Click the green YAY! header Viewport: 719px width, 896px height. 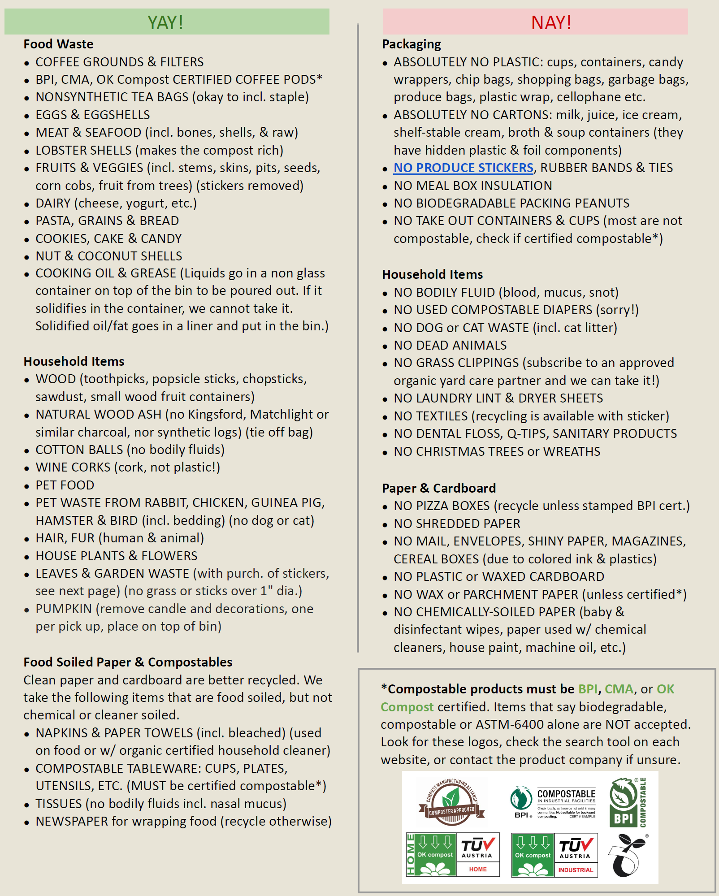pyautogui.click(x=166, y=22)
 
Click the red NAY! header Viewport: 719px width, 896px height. pyautogui.click(x=551, y=22)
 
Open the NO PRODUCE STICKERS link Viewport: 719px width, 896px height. pyautogui.click(x=463, y=168)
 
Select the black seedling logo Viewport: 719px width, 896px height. pyautogui.click(x=627, y=856)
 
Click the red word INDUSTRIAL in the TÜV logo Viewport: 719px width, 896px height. pyautogui.click(x=576, y=870)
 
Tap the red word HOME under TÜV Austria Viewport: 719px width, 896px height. pyautogui.click(x=478, y=869)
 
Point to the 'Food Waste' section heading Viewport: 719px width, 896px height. pyautogui.click(x=58, y=44)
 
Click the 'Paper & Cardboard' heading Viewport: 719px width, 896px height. pyautogui.click(x=439, y=488)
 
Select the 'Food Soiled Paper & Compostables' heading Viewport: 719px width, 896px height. pyautogui.click(x=128, y=662)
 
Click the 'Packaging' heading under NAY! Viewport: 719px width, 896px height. pyautogui.click(x=411, y=44)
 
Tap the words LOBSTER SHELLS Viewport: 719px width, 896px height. pyautogui.click(x=83, y=150)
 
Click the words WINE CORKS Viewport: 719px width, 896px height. pyautogui.click(x=73, y=467)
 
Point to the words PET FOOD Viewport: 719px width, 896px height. pyautogui.click(x=65, y=485)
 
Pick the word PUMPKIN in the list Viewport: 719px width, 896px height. pyautogui.click(x=64, y=609)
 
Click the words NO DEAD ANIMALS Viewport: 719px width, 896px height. pyautogui.click(x=450, y=345)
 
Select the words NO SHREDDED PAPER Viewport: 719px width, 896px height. pyautogui.click(x=457, y=524)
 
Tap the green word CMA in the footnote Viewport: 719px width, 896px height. pyautogui.click(x=619, y=689)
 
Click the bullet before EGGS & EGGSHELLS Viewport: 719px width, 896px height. pyautogui.click(x=27, y=116)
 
